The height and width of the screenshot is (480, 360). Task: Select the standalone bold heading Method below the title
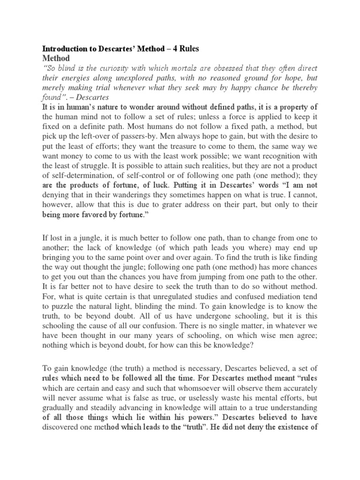tap(56, 59)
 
